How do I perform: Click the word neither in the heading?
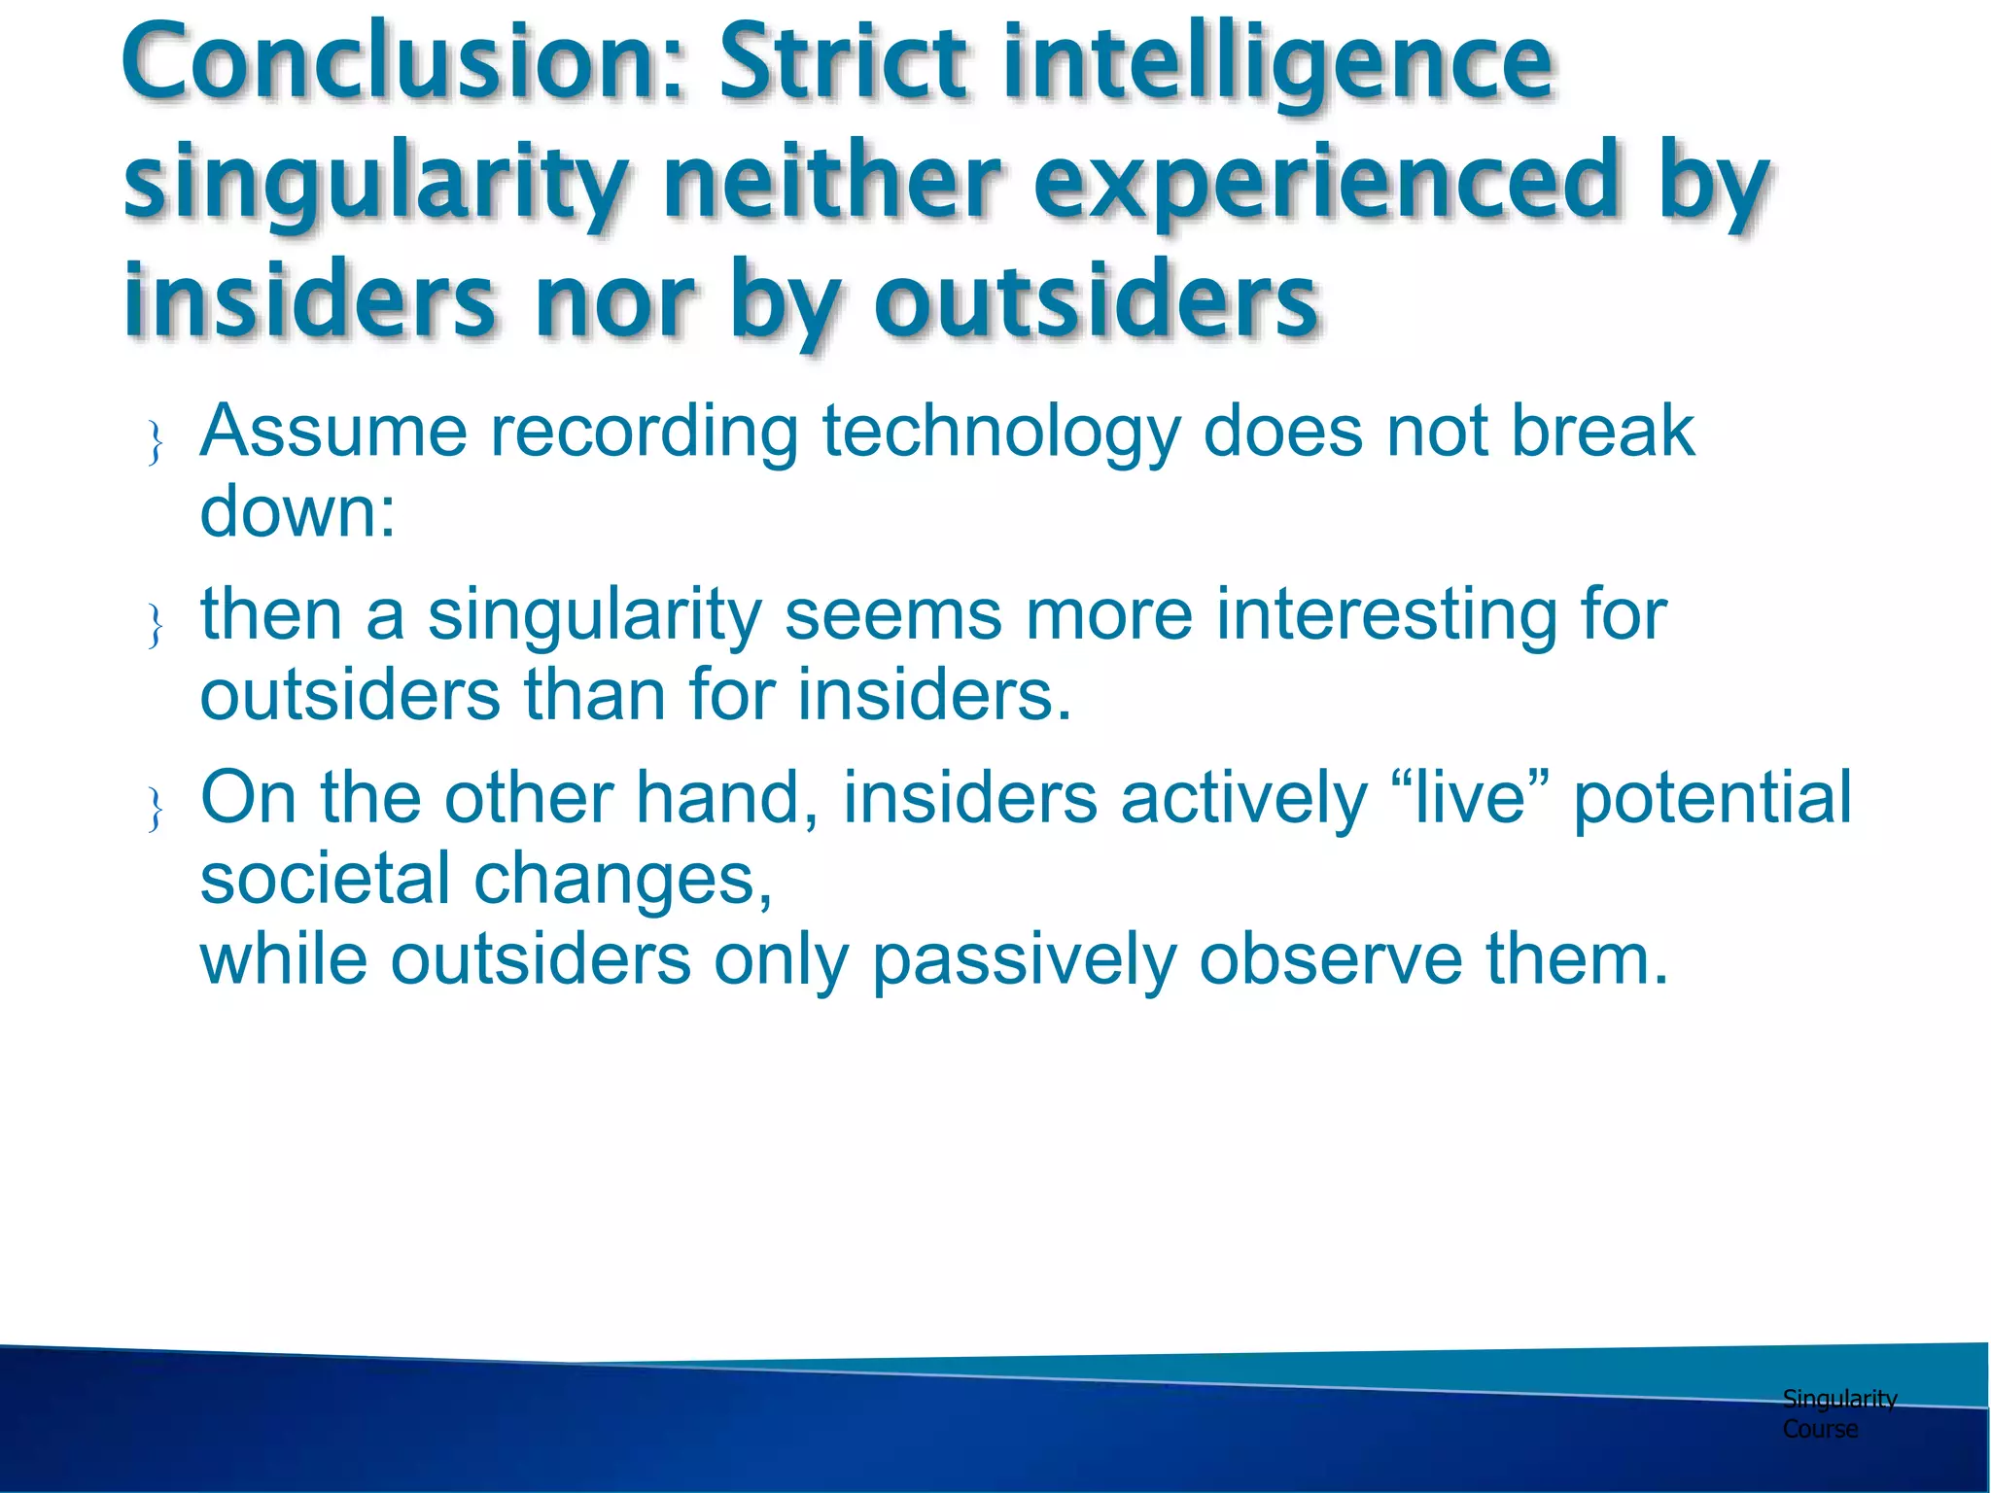tap(831, 183)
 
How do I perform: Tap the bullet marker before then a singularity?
tap(155, 625)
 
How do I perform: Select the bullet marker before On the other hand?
tap(155, 809)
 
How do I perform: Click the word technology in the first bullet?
tap(1000, 433)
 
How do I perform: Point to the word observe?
tap(1330, 960)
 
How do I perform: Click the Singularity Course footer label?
tap(1837, 1413)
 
